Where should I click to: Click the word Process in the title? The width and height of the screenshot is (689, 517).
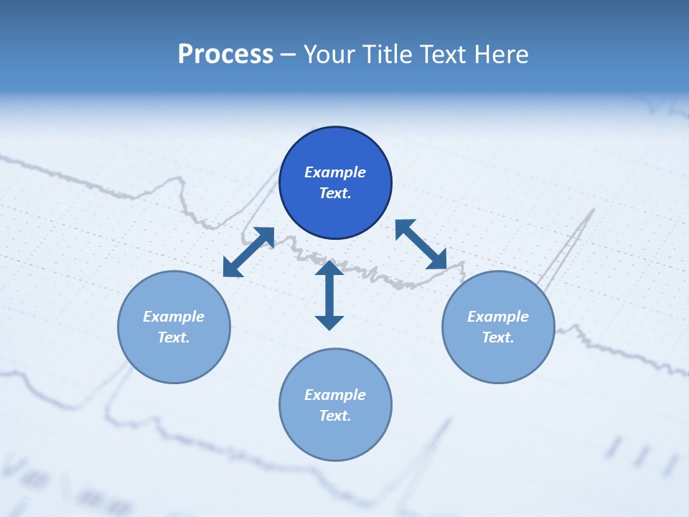click(225, 55)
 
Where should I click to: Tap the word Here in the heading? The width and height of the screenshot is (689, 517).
click(501, 55)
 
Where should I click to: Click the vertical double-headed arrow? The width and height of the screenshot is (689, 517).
click(329, 296)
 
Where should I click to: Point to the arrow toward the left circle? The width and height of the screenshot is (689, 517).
click(249, 252)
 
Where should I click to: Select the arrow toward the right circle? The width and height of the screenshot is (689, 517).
click(421, 244)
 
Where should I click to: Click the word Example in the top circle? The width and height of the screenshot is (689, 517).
click(335, 172)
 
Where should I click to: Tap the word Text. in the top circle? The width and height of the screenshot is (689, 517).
click(335, 193)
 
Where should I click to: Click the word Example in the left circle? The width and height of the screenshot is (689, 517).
click(174, 317)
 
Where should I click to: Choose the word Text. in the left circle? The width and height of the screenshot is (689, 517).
click(174, 337)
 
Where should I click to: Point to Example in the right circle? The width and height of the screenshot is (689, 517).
click(498, 317)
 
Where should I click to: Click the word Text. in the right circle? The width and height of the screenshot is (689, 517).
click(498, 337)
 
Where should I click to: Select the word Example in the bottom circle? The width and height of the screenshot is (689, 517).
click(335, 395)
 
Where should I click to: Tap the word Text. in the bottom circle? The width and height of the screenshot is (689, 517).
click(335, 416)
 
